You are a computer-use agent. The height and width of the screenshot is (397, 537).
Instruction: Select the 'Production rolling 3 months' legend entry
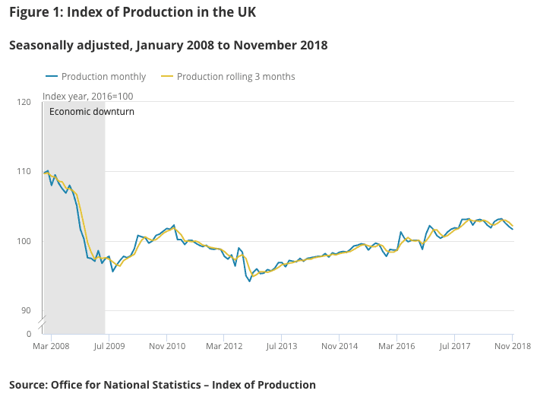click(235, 77)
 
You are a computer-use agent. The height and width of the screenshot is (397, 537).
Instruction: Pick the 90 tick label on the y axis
click(25, 310)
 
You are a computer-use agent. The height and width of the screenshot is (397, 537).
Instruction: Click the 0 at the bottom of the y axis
click(28, 333)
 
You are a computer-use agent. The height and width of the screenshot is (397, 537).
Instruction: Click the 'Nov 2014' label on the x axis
click(339, 347)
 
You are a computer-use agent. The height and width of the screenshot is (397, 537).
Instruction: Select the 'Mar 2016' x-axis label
click(396, 347)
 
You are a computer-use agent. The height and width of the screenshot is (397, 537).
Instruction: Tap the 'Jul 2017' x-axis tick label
click(454, 347)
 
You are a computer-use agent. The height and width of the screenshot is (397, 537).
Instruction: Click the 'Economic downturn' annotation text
click(91, 112)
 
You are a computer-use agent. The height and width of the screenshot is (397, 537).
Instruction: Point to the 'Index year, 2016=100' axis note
click(87, 96)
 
